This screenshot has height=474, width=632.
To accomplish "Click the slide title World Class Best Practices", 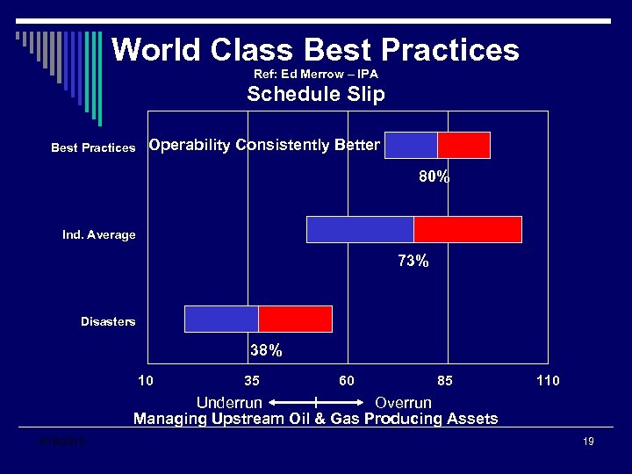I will tap(315, 49).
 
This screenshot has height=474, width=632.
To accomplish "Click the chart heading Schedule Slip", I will tap(316, 95).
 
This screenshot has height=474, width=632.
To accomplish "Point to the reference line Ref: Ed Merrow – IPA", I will tap(316, 75).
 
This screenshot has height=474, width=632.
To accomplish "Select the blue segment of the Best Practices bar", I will tap(411, 145).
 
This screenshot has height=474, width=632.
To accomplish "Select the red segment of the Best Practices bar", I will tap(463, 145).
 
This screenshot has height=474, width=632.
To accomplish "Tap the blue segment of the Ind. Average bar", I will tap(360, 229).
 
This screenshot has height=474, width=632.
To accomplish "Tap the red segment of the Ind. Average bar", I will tap(467, 229).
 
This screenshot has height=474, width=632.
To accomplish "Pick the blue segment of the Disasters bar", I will tap(221, 319).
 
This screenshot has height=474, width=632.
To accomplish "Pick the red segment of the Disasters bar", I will tap(295, 319).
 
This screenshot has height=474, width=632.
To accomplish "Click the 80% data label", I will tap(434, 177).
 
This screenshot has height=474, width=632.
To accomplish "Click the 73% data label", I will tap(413, 261).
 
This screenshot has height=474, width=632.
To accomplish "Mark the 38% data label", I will tap(266, 351).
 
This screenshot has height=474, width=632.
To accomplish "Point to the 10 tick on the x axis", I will tap(147, 380).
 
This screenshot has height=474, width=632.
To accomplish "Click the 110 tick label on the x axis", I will tap(548, 380).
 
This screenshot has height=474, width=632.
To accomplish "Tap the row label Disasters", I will tap(108, 322).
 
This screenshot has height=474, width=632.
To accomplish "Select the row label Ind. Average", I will tap(99, 235).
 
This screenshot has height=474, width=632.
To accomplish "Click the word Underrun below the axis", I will tap(229, 403).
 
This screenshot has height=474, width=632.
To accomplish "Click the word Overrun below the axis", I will tap(403, 403).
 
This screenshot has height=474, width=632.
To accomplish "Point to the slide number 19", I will tap(588, 442).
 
